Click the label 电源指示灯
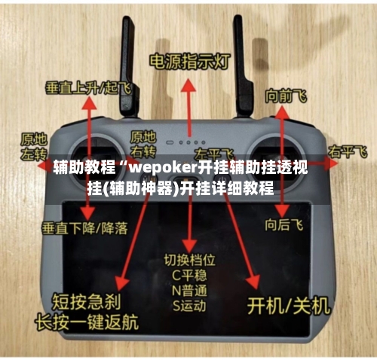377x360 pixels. pos(189,61)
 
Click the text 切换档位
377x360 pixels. pos(189,260)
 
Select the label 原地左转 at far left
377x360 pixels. pos(34,145)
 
